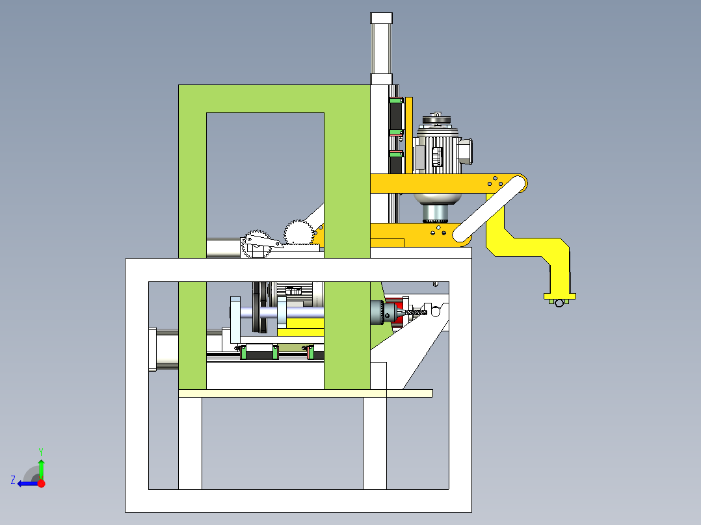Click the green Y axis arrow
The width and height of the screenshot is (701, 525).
(41, 469)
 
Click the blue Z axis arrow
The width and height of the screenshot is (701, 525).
(28, 483)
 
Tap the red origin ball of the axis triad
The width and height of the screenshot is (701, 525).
(41, 483)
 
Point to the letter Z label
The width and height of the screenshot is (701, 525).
(13, 480)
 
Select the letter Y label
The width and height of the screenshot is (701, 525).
(41, 452)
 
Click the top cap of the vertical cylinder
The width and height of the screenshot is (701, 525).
(381, 18)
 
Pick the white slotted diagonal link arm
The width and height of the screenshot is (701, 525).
(490, 209)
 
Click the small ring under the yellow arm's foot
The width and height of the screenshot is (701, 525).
(559, 303)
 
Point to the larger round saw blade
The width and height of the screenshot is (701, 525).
(298, 233)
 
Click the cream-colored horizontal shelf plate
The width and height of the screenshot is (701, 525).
(306, 393)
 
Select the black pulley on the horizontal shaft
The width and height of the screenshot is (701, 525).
(259, 307)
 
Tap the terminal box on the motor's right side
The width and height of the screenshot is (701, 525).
(464, 152)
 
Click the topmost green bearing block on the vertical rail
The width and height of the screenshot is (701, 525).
(395, 100)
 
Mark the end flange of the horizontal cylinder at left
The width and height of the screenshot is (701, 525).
(152, 350)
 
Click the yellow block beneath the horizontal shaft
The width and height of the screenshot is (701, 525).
(300, 328)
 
